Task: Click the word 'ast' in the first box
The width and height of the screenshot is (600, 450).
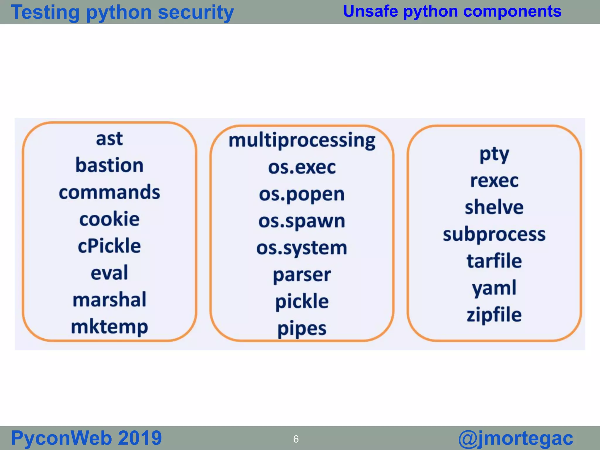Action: tap(109, 139)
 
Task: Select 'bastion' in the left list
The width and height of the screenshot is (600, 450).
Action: tap(109, 166)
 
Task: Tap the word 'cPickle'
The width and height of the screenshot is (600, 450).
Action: tap(109, 246)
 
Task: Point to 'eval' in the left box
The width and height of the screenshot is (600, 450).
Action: tap(109, 273)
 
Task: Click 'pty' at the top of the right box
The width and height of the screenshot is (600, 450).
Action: tap(494, 155)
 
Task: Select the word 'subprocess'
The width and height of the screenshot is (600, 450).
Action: tap(494, 235)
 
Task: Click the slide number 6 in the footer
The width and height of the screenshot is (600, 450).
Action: tap(296, 439)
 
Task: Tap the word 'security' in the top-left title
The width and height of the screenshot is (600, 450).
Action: tap(196, 13)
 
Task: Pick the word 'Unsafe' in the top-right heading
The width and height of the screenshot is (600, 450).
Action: tap(370, 11)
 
